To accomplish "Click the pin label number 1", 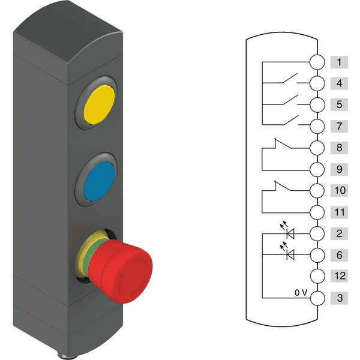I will [339, 62].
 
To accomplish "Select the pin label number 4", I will [339, 83].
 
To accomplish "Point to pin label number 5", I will [339, 105].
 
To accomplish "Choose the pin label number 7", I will [339, 127].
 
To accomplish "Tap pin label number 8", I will [339, 148].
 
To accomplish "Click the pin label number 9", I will [339, 169].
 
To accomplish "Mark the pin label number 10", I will [339, 191].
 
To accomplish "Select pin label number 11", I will [339, 212].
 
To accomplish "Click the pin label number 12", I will [339, 277].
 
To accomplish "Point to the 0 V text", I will [301, 293].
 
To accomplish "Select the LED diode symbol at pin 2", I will [292, 233].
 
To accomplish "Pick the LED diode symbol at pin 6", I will [292, 255].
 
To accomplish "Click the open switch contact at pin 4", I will [289, 79].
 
